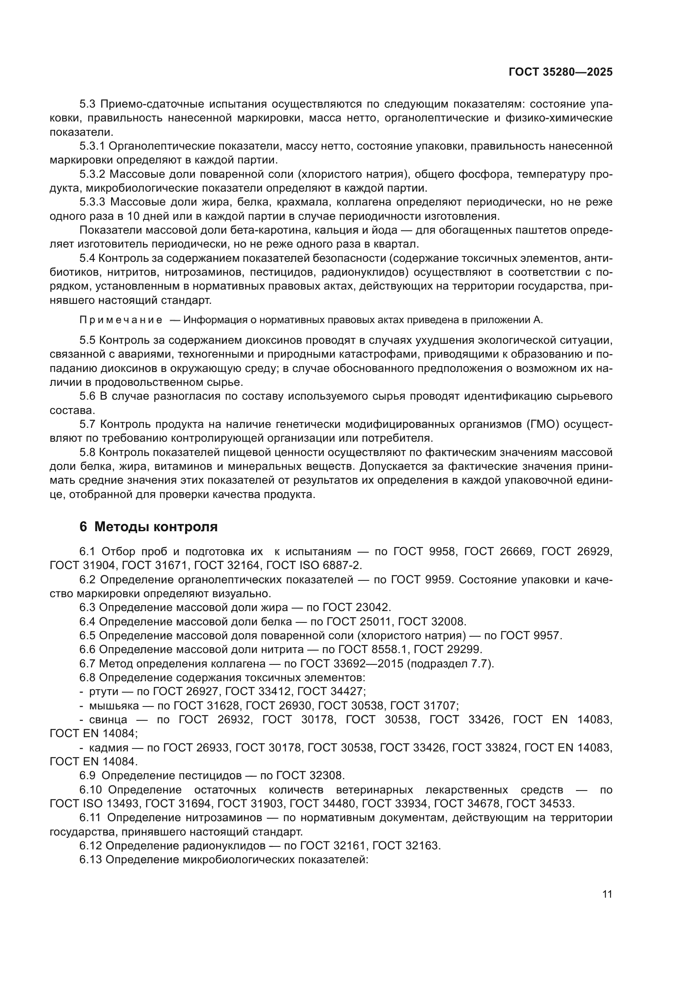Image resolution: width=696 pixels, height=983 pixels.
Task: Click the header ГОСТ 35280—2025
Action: [x=561, y=72]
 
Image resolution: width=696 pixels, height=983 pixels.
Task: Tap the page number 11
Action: [x=607, y=894]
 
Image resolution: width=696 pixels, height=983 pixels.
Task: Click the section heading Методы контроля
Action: [x=156, y=527]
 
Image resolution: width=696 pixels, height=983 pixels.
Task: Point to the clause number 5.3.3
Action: [x=92, y=202]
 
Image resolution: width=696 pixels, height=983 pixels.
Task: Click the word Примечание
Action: [x=121, y=320]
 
